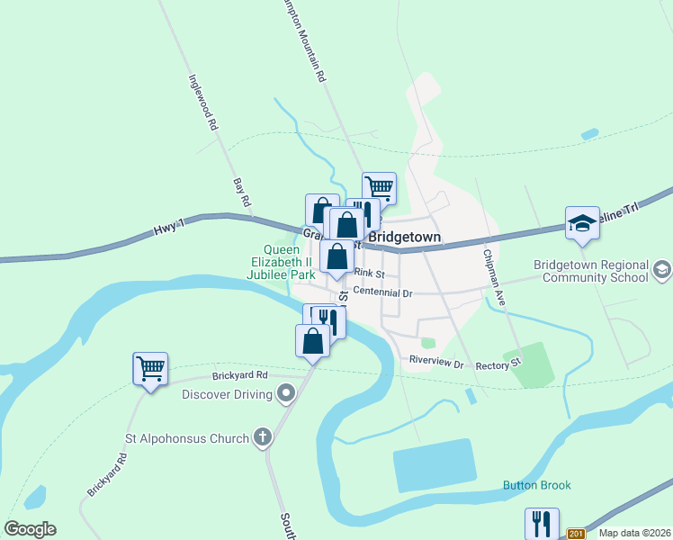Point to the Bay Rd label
[240, 193]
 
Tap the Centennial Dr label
[381, 292]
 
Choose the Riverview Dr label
[435, 364]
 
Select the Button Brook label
[536, 486]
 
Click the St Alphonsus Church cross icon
[263, 438]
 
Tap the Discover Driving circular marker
[286, 394]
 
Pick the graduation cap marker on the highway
[582, 223]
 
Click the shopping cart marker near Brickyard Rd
[150, 367]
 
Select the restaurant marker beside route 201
[542, 523]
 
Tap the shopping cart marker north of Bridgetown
[379, 187]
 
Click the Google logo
[30, 528]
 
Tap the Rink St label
[369, 274]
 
